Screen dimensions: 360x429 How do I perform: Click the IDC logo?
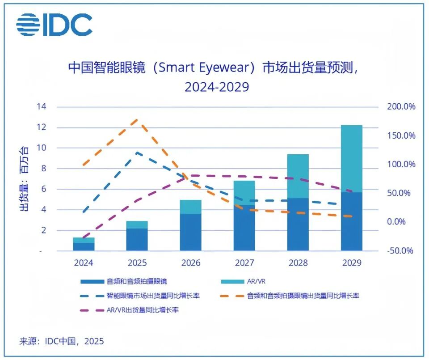point(55,25)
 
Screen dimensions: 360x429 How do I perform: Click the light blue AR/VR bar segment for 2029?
point(351,159)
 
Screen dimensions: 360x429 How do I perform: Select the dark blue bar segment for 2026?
point(191,232)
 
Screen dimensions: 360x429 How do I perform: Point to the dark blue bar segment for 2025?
point(137,240)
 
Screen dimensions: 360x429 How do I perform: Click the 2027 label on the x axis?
point(244,263)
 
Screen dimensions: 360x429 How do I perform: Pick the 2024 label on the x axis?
point(84,263)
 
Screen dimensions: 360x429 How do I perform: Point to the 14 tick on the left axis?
point(42,107)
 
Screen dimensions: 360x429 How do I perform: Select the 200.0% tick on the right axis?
point(400,107)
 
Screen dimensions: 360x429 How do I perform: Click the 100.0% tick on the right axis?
point(400,164)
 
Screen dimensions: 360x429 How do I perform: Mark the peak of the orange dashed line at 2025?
point(137,120)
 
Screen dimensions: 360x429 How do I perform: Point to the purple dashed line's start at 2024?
point(84,238)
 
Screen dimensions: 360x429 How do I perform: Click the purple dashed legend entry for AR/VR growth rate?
point(130,310)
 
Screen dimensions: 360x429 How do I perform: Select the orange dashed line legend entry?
point(290,296)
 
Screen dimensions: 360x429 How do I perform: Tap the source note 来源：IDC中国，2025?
point(61,342)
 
